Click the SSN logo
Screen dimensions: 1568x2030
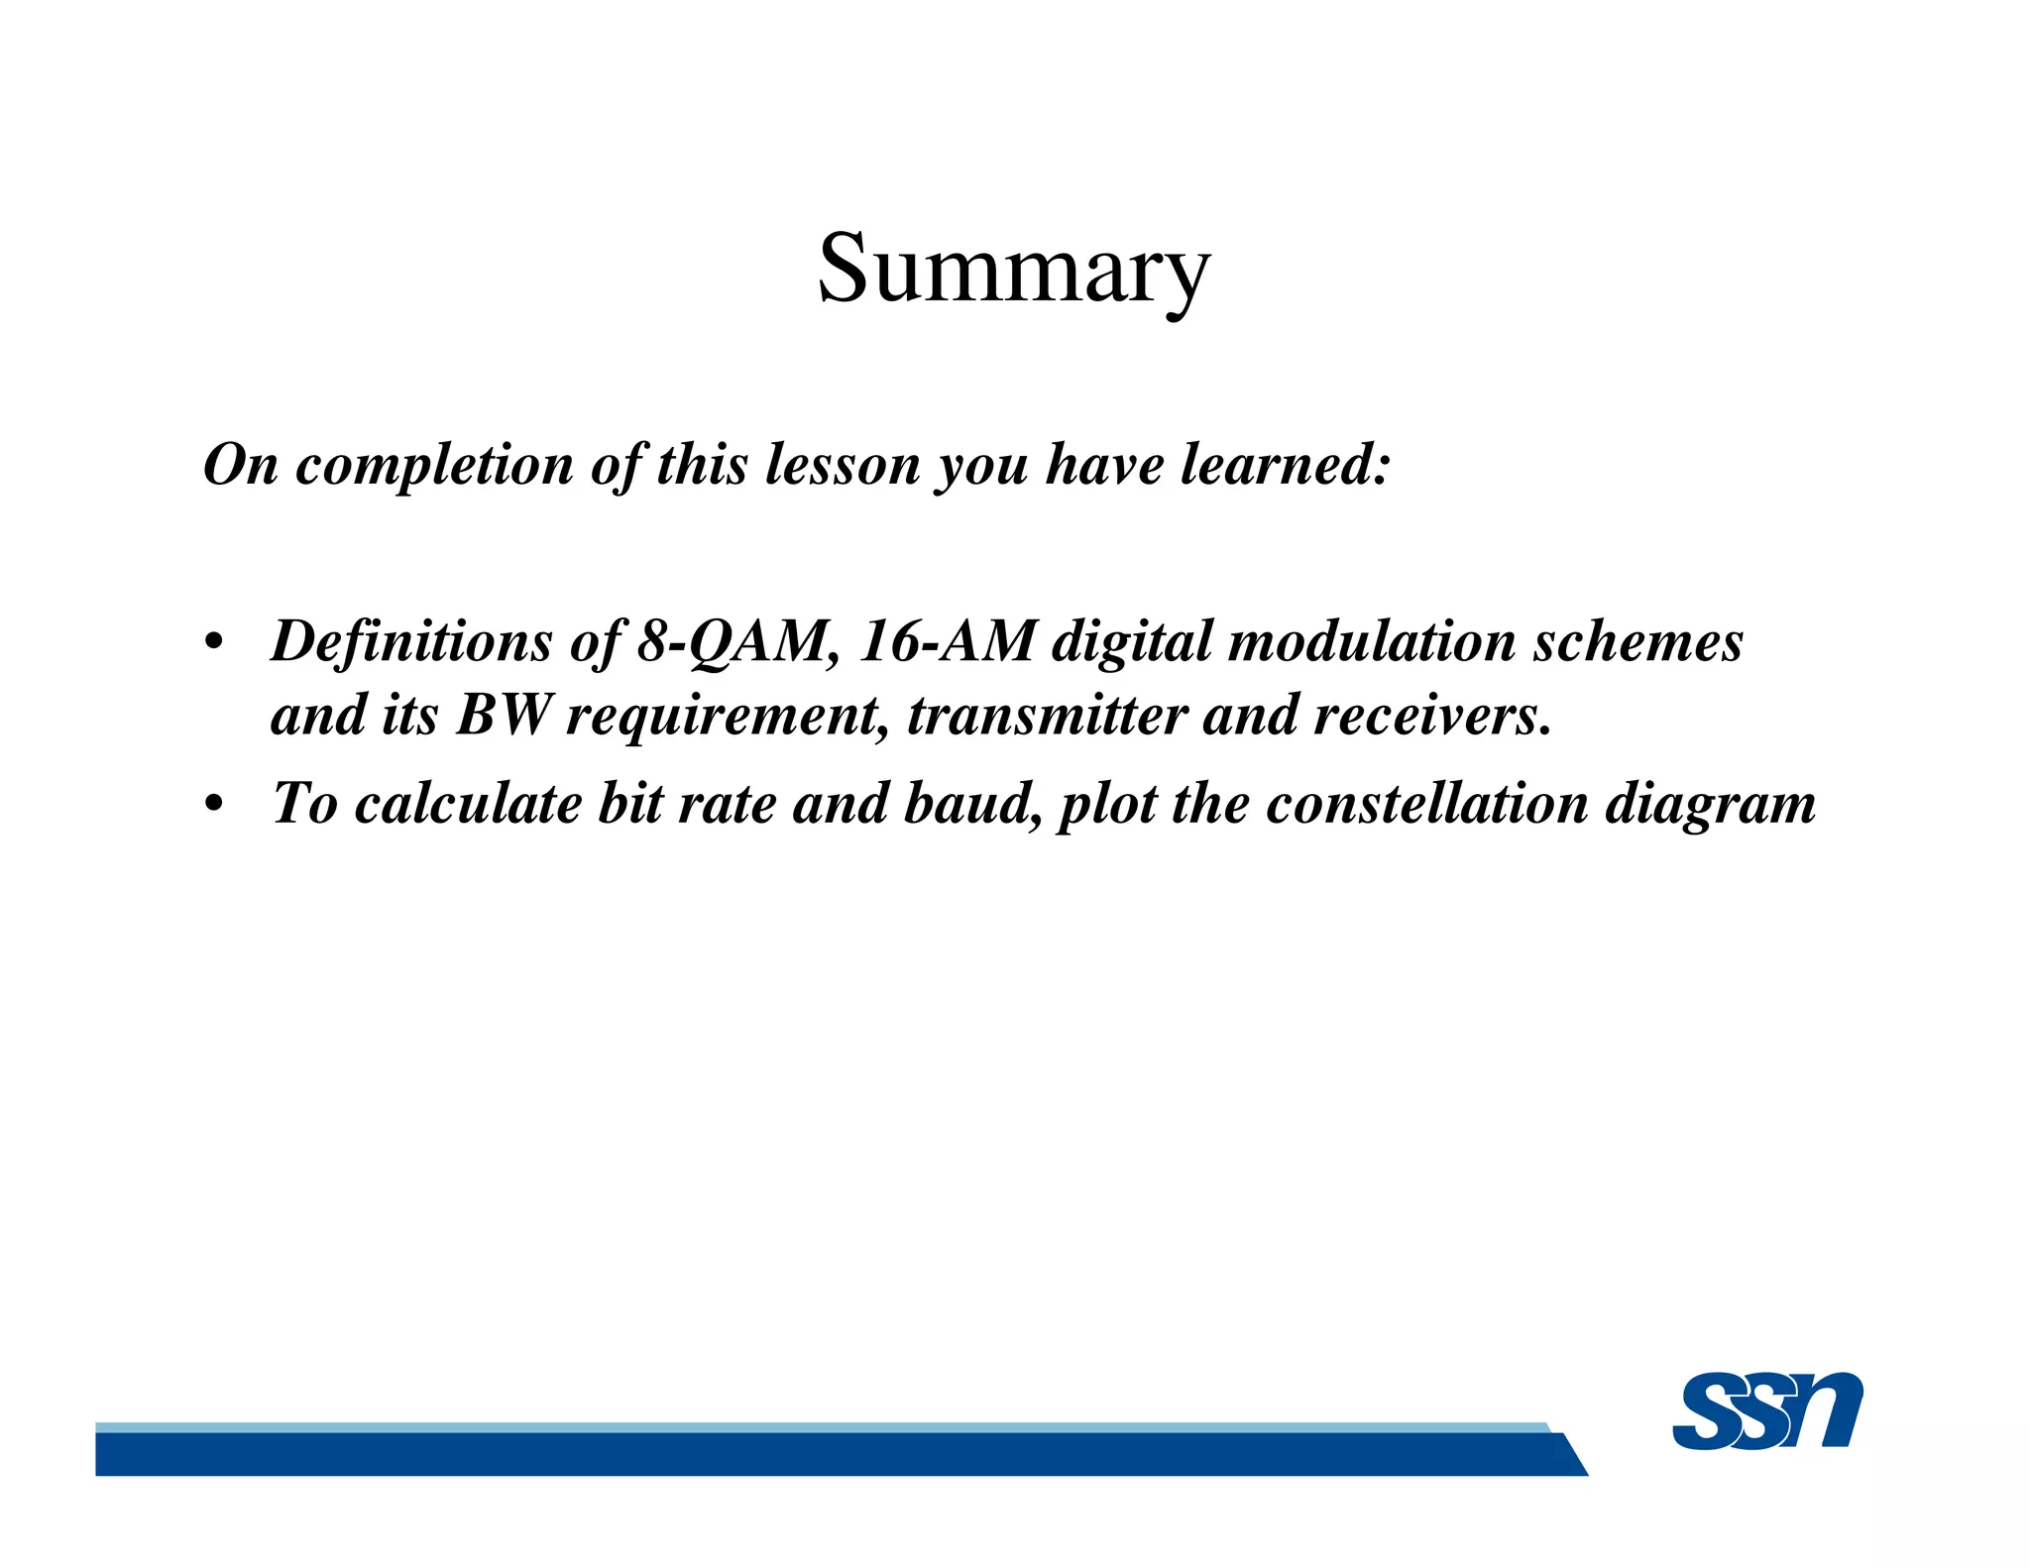click(x=1766, y=1410)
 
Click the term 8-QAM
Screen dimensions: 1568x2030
click(x=733, y=641)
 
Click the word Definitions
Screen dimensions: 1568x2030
click(x=411, y=641)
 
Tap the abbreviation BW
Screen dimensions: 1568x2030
click(x=503, y=715)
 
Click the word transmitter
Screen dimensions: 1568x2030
click(x=1047, y=715)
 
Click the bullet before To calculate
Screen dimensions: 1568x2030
click(x=212, y=805)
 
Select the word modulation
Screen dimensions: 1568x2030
click(x=1372, y=641)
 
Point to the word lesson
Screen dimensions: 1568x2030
click(x=843, y=465)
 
